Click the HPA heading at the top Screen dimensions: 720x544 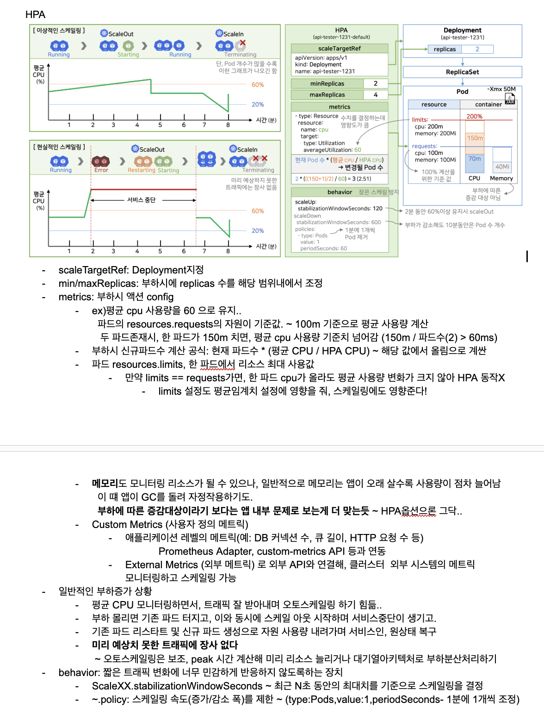point(35,14)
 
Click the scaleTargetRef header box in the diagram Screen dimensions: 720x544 point(339,49)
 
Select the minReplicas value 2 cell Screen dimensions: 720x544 point(376,84)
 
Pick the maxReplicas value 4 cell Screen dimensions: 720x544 point(376,95)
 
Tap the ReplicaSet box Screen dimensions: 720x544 point(462,72)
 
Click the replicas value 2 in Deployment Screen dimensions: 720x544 point(477,49)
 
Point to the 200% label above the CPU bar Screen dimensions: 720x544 point(474,117)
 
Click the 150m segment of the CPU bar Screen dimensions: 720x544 point(475,138)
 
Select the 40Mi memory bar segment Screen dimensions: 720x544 point(502,167)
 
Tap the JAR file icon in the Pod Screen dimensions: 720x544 point(510,99)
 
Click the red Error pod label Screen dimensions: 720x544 point(101,170)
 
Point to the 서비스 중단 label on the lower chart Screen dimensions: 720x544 point(142,200)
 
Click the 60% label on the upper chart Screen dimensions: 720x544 point(258,85)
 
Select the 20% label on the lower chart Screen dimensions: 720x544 point(258,231)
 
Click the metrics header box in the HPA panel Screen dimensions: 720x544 point(339,107)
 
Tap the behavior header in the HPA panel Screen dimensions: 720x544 point(340,192)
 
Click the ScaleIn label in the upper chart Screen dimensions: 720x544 point(233,34)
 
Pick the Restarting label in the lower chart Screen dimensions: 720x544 point(142,170)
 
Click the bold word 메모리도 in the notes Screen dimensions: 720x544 point(109,484)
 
